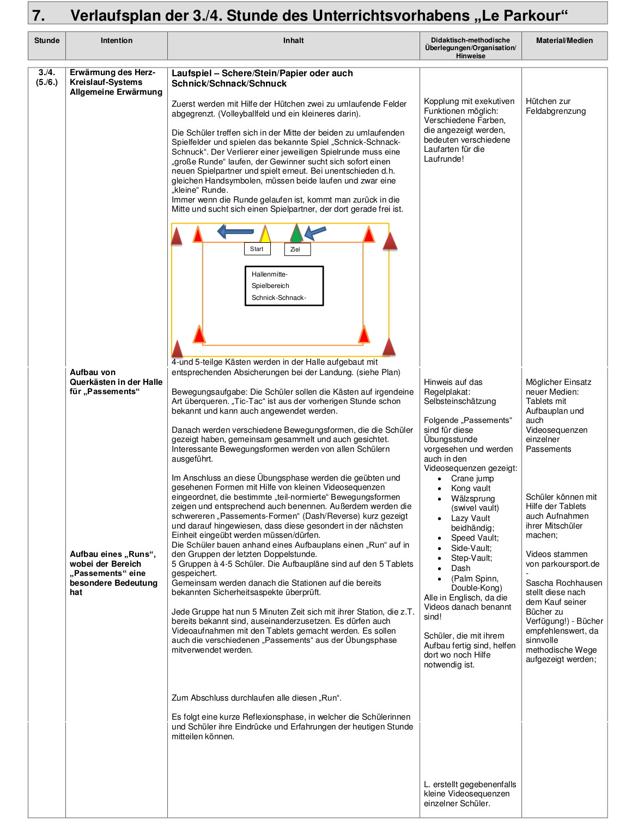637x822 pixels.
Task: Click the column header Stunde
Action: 47,41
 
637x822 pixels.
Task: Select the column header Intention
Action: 116,41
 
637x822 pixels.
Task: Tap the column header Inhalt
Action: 293,41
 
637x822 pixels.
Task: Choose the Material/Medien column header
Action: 564,41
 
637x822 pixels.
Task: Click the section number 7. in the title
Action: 39,15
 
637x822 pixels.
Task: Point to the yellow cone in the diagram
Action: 265,234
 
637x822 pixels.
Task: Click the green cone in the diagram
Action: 296,233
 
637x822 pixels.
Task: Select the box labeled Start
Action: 257,249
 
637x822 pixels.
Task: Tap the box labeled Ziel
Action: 297,249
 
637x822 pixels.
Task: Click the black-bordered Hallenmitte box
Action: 284,286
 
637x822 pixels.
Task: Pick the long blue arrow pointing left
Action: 235,231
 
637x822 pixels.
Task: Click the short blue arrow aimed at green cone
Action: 315,232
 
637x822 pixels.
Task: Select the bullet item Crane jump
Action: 472,479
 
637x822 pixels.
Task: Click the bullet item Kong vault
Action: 470,488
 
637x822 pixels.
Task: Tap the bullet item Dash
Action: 460,568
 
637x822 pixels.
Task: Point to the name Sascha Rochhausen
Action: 563,583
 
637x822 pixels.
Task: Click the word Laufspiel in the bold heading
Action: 192,73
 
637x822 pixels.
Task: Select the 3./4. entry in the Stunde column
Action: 47,72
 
